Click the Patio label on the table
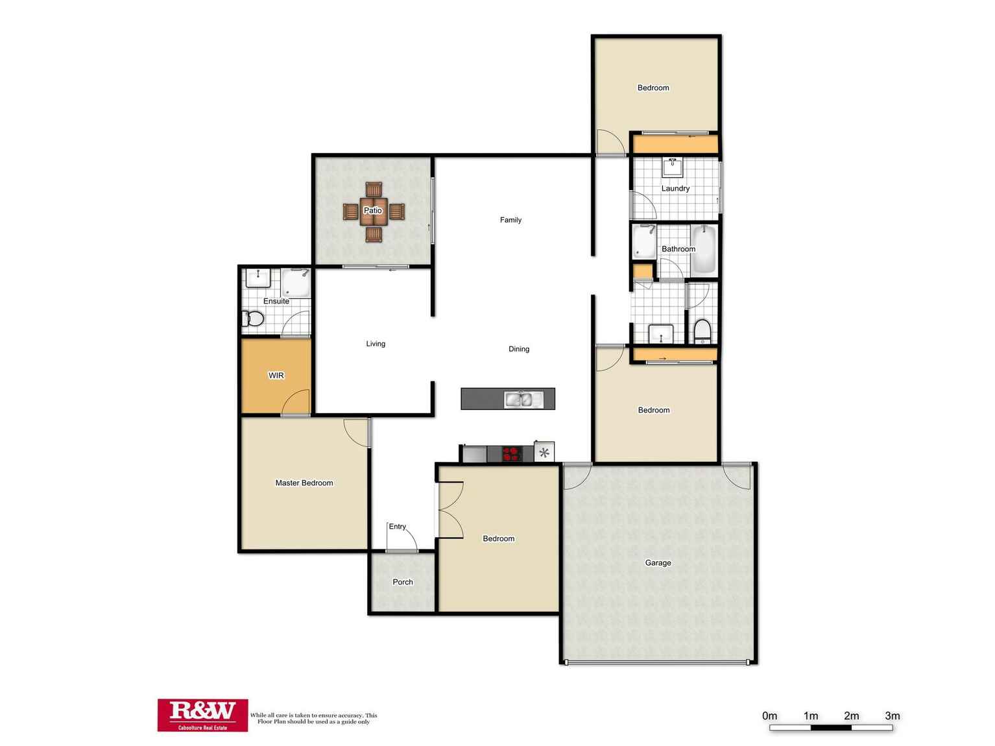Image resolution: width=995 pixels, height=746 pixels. [373, 211]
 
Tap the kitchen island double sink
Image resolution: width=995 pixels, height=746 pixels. [523, 400]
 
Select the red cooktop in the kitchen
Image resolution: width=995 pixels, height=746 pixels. [512, 453]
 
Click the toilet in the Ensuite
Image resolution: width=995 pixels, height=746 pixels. [253, 319]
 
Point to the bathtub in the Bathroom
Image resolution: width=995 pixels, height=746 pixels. [704, 249]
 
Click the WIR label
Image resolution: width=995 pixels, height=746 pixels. [276, 376]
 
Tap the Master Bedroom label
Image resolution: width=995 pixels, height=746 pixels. [304, 483]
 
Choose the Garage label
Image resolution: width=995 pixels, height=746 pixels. [658, 563]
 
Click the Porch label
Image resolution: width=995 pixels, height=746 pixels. [403, 583]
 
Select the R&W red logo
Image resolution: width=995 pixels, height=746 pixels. [202, 715]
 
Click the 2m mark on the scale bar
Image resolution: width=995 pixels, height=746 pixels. [851, 716]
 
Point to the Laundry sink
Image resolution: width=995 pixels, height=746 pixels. [673, 167]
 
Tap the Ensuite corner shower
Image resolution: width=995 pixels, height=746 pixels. [296, 283]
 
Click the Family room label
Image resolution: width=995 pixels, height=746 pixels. [510, 221]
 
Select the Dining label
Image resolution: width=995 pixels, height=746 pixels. [519, 349]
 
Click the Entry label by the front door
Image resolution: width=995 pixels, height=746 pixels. [398, 527]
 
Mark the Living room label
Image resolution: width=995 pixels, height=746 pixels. [376, 344]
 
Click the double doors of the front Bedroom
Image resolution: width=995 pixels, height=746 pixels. [450, 510]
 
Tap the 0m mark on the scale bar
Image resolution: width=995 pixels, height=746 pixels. [770, 716]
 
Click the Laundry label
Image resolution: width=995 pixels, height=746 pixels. [675, 189]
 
